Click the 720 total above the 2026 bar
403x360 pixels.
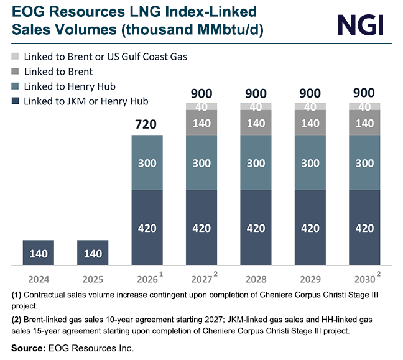click(x=147, y=125)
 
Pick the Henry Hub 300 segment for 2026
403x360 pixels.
click(x=147, y=162)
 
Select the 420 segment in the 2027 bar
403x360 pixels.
click(x=201, y=228)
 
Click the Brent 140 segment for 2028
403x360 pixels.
click(x=256, y=123)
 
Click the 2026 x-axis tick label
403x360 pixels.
click(x=146, y=278)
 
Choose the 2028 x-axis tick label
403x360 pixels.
click(x=256, y=278)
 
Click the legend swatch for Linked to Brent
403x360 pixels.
click(x=15, y=72)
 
